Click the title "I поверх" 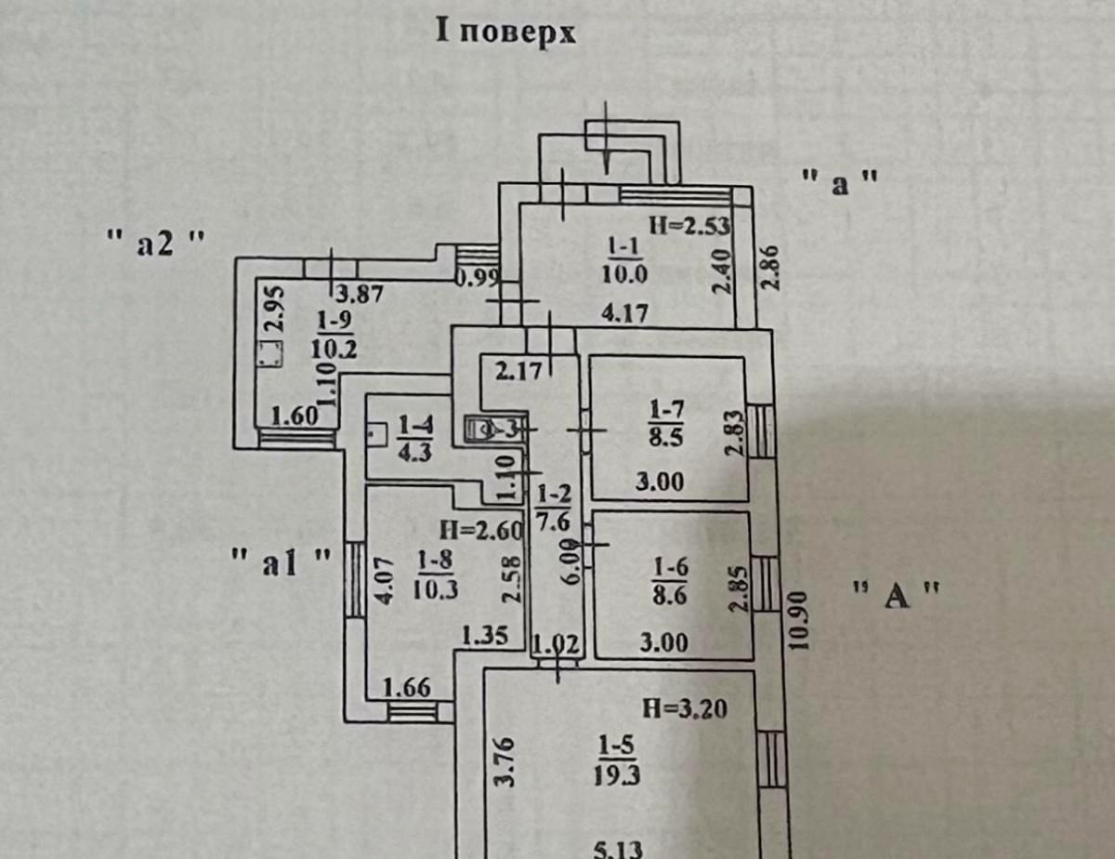coord(506,33)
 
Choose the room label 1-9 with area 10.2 coord(334,336)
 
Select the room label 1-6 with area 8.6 coord(668,581)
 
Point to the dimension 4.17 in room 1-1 coord(624,313)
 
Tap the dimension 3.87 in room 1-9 coord(359,294)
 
